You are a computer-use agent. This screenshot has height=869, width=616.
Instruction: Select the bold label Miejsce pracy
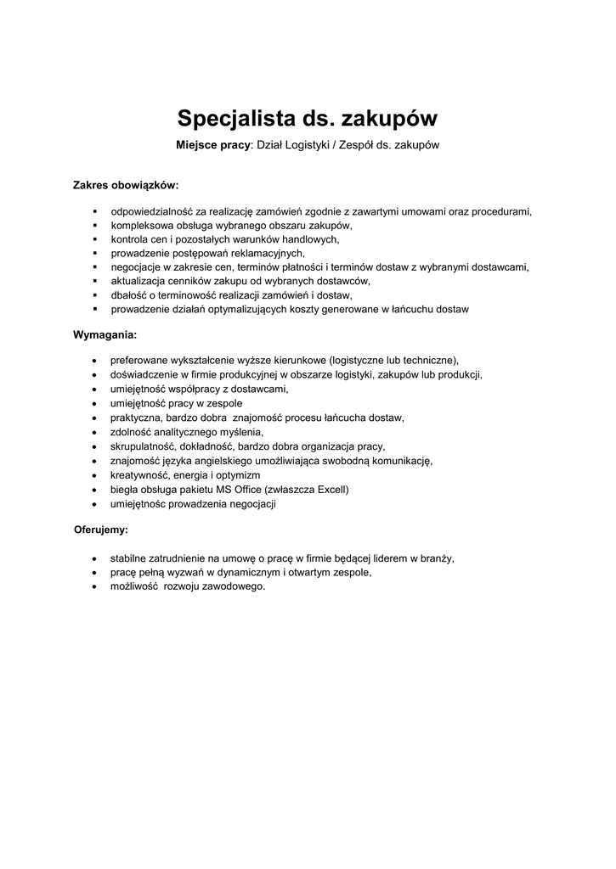click(213, 145)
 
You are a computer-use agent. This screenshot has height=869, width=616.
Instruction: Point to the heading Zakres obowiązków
click(126, 184)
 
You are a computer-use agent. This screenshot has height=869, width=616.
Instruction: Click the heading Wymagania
click(105, 334)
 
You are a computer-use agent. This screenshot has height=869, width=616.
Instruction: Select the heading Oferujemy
click(101, 530)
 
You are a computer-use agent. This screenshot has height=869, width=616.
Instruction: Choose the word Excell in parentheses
click(331, 490)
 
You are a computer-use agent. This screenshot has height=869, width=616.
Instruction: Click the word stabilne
click(130, 558)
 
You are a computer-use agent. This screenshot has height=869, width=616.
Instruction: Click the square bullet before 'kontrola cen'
click(95, 239)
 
